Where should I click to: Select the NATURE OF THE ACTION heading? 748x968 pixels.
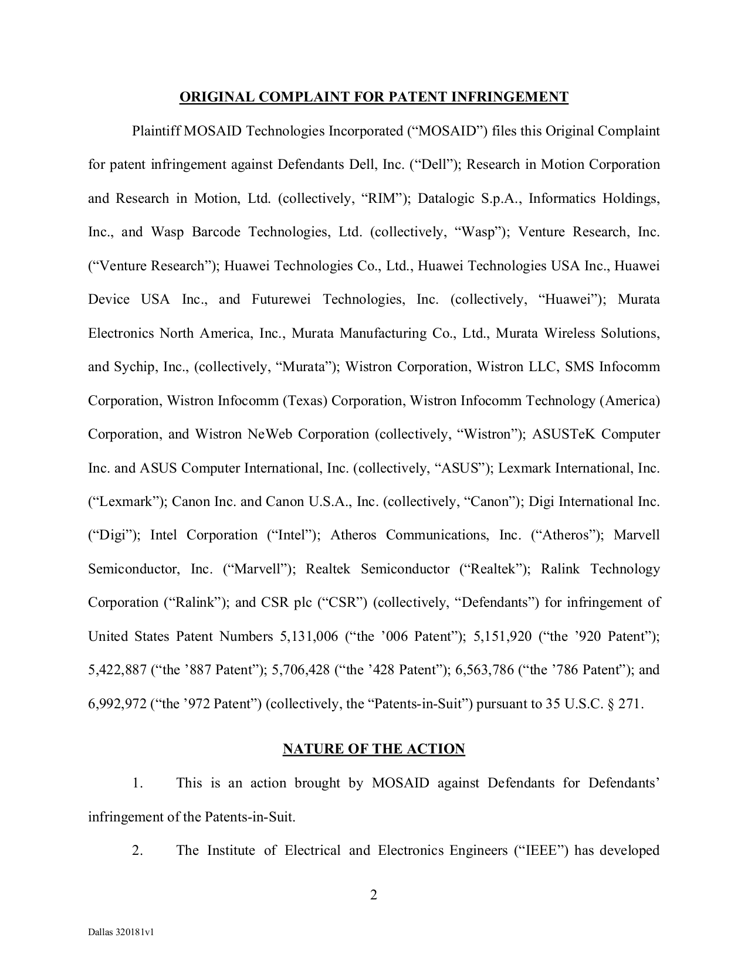[x=374, y=749]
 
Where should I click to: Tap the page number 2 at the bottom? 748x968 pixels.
[x=373, y=895]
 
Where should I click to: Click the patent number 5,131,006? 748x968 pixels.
[x=306, y=637]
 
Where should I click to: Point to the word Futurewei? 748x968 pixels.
[x=283, y=300]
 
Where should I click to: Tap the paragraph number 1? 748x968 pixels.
[x=137, y=783]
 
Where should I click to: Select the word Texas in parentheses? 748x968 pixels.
[x=306, y=401]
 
